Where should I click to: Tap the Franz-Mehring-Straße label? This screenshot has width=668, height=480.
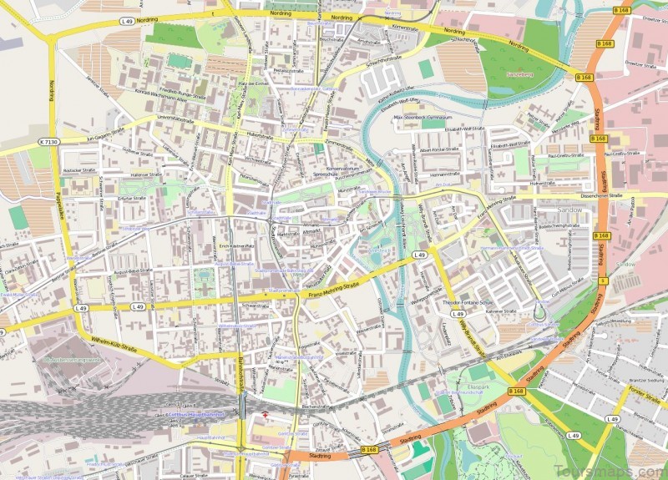(x=339, y=288)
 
